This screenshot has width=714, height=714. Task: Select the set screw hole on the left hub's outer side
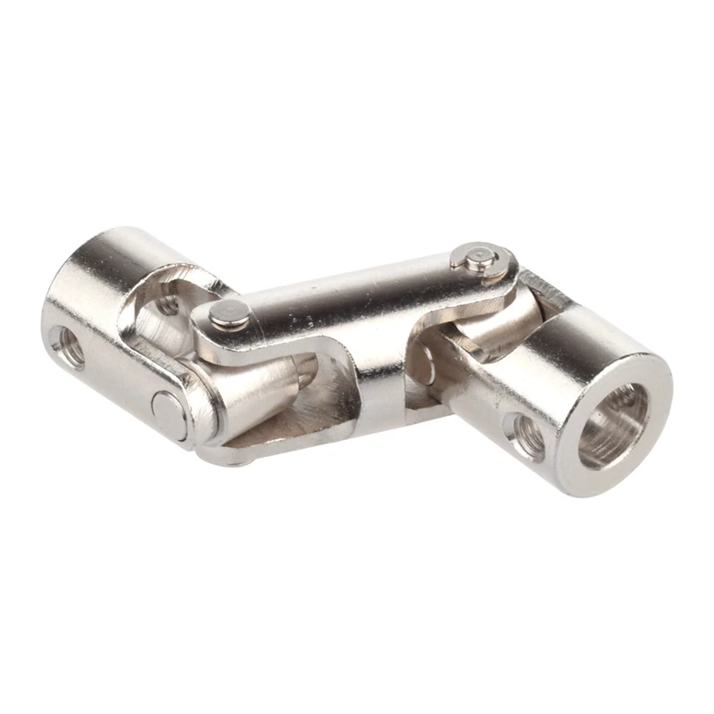click(68, 347)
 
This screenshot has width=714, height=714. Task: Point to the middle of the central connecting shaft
click(357, 312)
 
